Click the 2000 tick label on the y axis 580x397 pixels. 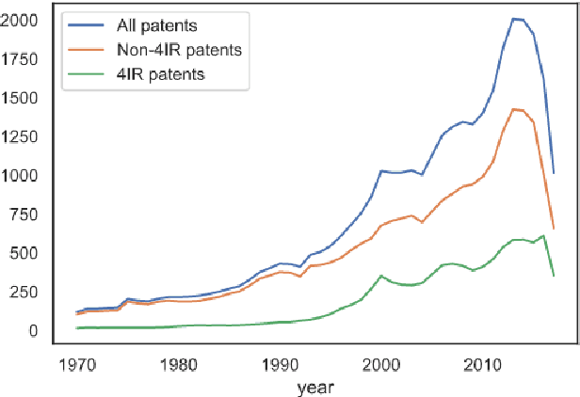pos(21,21)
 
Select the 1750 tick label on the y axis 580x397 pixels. pos(21,59)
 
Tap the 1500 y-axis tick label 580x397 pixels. pos(21,99)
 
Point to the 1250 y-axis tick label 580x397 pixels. pos(21,137)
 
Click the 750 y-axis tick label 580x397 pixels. pos(25,214)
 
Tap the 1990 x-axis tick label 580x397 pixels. pos(280,365)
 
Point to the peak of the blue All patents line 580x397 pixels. pos(513,18)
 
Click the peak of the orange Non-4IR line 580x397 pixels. pos(513,109)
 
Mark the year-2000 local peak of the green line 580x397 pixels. pos(380,276)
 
